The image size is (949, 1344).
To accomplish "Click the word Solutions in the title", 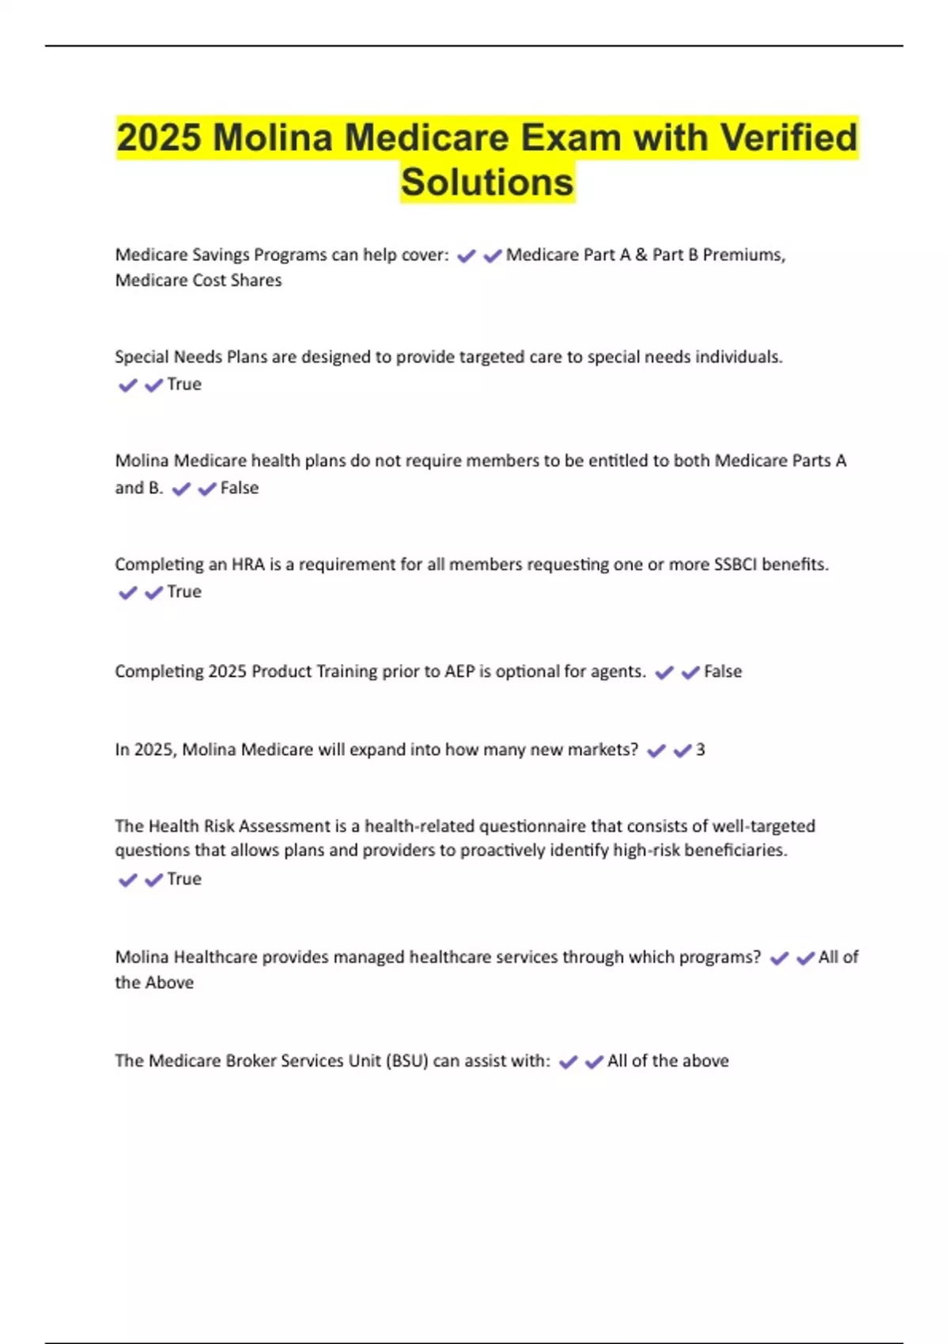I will (x=487, y=182).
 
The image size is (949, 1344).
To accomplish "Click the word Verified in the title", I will (x=788, y=138).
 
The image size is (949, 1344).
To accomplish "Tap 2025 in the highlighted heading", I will (x=159, y=138).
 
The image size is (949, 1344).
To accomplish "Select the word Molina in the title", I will (x=273, y=138).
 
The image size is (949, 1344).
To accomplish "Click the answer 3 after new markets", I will (x=700, y=749).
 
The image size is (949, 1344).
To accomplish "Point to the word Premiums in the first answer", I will (x=744, y=255).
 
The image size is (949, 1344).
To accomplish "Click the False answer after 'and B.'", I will (x=240, y=488).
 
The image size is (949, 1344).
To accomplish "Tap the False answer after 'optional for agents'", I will (x=723, y=671).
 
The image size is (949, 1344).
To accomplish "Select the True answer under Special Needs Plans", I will (x=184, y=384).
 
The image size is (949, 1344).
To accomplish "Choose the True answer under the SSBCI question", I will (x=184, y=591).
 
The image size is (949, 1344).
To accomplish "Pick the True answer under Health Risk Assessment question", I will (x=184, y=878).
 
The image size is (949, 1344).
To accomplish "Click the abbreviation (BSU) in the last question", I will (x=407, y=1061).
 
